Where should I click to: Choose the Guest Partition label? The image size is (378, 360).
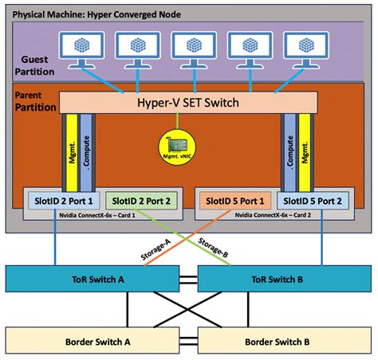coord(35,65)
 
